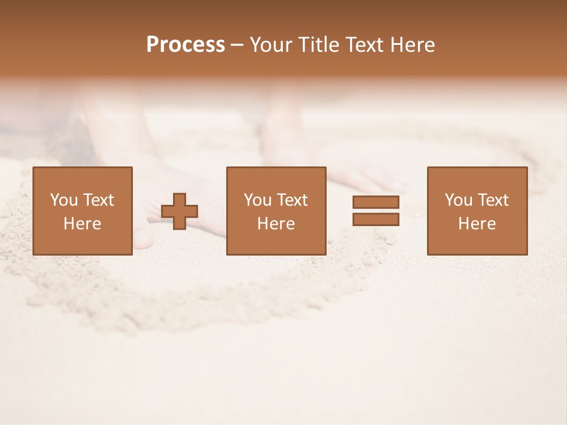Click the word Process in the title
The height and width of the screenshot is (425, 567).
point(185,45)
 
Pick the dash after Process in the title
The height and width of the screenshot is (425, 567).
point(237,45)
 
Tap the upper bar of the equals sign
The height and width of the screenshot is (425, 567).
point(376,202)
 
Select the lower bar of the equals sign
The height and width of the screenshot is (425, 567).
point(376,220)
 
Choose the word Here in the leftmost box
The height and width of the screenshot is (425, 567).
point(82,224)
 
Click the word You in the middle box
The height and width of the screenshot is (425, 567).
point(257,200)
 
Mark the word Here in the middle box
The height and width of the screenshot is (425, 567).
point(276,224)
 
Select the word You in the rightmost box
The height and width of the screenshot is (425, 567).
point(458,200)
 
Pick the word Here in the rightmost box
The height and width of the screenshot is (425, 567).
point(477,224)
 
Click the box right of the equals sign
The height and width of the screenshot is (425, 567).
point(477,242)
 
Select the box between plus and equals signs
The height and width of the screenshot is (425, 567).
point(276,242)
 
